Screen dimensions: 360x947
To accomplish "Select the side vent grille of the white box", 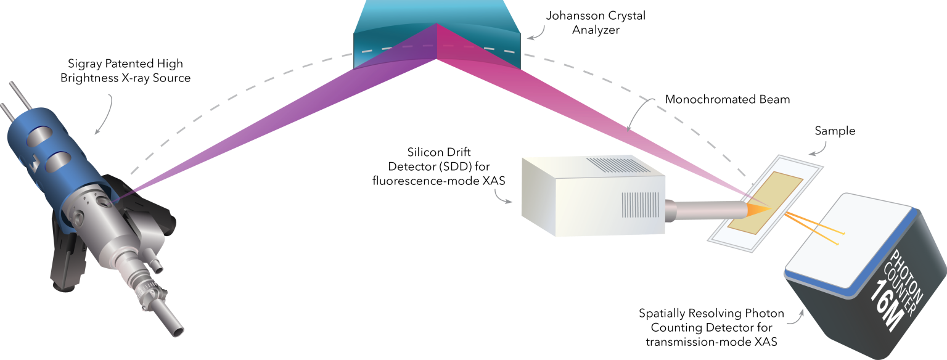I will point(636,206).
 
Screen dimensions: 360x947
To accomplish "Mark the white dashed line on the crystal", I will point(395,47).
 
